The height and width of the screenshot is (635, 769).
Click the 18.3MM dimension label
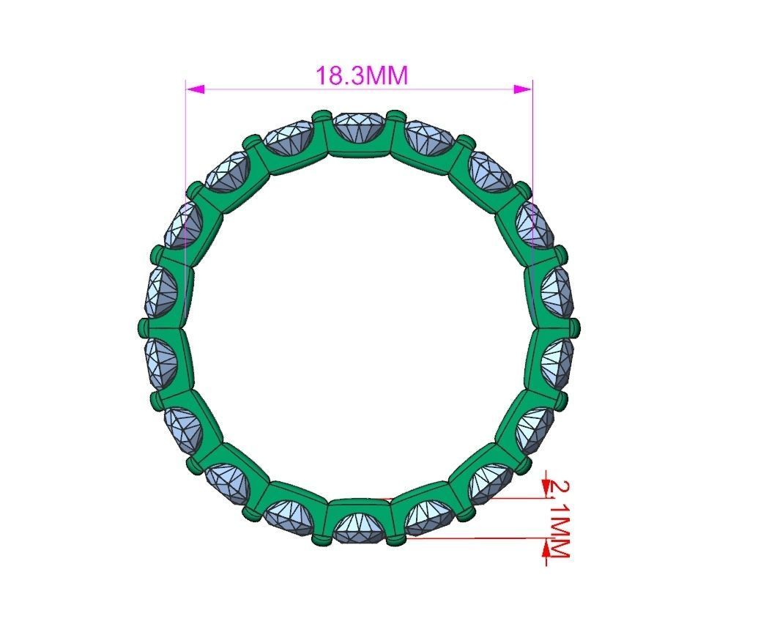point(360,75)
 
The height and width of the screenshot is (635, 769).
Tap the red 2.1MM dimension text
point(558,517)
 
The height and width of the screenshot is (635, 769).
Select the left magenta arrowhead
point(195,89)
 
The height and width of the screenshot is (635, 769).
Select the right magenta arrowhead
point(522,89)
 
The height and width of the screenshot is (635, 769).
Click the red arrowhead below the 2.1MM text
point(546,549)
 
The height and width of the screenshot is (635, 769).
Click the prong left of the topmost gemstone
point(320,116)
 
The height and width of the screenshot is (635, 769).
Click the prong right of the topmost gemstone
point(396,116)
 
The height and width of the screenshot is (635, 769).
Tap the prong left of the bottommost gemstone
point(319,540)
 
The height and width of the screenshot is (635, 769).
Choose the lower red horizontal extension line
point(476,538)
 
